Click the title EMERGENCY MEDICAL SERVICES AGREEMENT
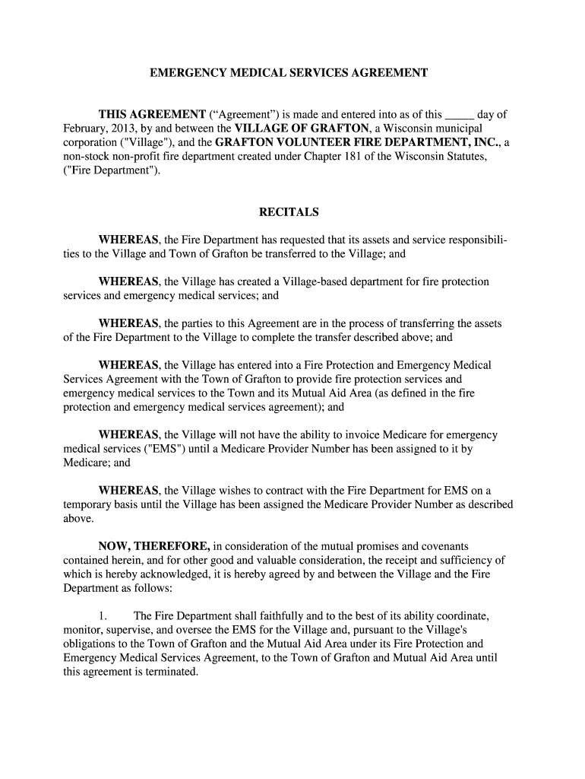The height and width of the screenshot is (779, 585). pos(288,73)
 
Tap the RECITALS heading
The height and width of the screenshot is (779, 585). pos(288,212)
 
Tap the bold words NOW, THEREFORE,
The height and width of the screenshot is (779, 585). pos(154,546)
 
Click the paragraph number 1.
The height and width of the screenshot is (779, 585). pos(103,615)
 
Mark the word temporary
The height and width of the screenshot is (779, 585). pos(89,504)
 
